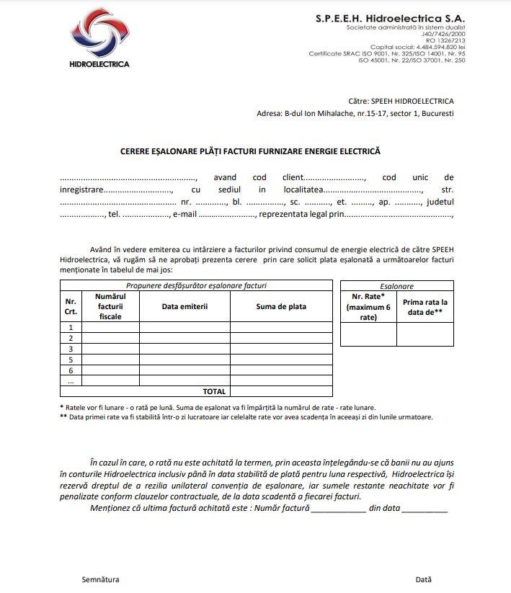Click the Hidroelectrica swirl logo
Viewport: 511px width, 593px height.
click(x=100, y=34)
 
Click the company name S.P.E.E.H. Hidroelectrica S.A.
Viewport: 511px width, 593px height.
click(x=390, y=17)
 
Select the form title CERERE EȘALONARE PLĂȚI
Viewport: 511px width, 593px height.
click(x=249, y=151)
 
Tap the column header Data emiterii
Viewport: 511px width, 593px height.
click(x=185, y=306)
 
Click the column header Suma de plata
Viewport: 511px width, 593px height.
click(x=281, y=306)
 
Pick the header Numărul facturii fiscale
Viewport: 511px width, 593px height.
click(x=110, y=306)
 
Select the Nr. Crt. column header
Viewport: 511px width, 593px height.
click(x=71, y=306)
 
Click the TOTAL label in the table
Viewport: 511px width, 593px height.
click(x=214, y=391)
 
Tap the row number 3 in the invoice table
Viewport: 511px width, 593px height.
click(x=71, y=349)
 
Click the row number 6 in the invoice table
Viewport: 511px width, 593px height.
click(x=71, y=370)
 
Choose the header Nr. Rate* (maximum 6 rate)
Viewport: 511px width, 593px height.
click(x=368, y=306)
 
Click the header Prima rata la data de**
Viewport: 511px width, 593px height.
click(x=425, y=307)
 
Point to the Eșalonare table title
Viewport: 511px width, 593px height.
click(x=396, y=286)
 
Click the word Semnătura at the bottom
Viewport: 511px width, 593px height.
click(x=100, y=579)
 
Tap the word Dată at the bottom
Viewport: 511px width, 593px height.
click(x=423, y=579)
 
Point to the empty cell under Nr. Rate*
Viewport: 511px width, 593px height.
click(x=368, y=334)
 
